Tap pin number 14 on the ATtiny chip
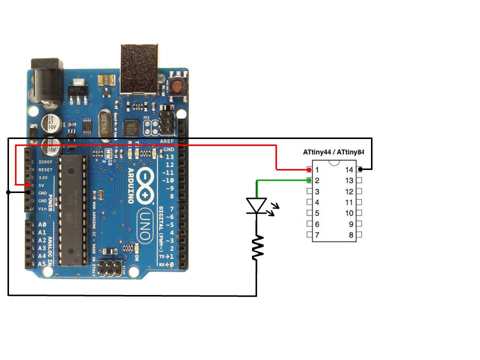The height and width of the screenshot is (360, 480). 349,170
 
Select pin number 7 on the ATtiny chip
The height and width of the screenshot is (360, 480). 317,235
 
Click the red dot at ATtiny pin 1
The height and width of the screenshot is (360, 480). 309,170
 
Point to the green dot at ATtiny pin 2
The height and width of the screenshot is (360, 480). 309,180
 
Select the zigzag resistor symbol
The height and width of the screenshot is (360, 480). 257,248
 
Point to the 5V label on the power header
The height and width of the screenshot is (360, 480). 41,185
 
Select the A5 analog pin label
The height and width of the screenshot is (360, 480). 42,263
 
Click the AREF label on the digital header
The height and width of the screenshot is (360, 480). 166,141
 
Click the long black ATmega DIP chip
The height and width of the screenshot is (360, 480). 73,209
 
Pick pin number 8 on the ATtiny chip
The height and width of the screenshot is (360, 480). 351,235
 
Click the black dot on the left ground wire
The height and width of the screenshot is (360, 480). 8,192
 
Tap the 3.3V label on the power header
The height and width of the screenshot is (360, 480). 42,177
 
